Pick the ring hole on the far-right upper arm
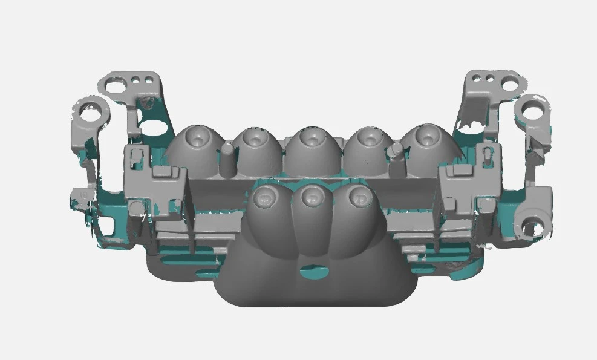pos(532,111)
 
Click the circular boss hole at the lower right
pos(532,227)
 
